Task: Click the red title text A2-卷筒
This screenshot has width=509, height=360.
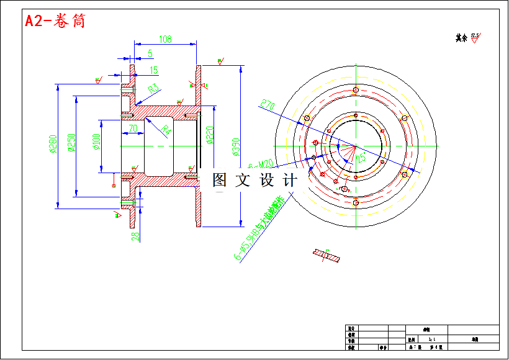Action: [55, 21]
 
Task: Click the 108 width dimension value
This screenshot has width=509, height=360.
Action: [165, 39]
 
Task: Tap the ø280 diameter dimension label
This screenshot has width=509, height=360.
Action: [53, 143]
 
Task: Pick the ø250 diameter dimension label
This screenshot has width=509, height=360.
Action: [71, 143]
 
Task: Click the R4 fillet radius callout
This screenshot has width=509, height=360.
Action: [165, 130]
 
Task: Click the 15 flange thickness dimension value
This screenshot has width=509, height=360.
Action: [154, 70]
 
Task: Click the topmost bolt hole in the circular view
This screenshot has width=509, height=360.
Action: [355, 91]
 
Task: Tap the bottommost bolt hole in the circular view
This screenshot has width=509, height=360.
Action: [355, 202]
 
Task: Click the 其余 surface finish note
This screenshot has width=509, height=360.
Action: [461, 38]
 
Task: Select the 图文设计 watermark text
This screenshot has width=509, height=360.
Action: [254, 180]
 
